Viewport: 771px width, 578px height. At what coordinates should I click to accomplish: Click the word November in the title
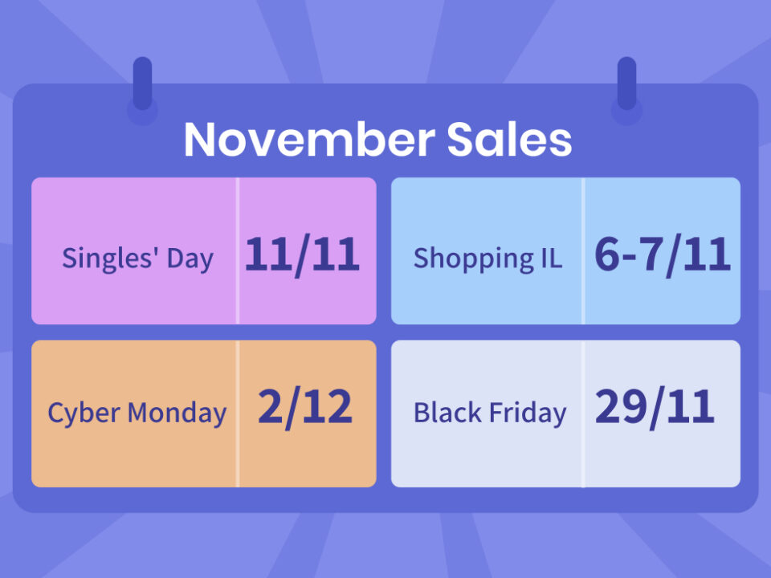310,139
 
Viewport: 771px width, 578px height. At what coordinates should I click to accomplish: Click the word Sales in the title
509,139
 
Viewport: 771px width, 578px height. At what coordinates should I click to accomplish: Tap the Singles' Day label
137,259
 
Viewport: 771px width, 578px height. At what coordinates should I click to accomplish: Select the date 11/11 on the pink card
303,254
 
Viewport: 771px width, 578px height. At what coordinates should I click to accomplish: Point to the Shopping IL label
487,259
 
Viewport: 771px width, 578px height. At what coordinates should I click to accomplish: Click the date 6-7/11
663,254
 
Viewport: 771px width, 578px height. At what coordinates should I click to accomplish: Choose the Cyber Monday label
137,413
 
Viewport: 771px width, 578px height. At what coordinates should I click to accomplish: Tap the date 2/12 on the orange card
305,407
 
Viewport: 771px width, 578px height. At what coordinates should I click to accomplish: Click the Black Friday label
490,413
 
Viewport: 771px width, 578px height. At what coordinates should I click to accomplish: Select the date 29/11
655,407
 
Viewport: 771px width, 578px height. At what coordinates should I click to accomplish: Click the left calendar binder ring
143,83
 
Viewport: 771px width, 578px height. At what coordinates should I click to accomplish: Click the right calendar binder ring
627,83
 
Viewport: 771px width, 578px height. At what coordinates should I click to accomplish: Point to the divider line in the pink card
238,250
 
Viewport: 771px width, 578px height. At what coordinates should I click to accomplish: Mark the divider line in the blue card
583,250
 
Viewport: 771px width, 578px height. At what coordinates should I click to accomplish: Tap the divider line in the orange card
238,414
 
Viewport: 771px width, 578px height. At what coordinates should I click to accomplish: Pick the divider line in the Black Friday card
583,414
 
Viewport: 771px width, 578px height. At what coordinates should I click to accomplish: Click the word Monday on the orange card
177,413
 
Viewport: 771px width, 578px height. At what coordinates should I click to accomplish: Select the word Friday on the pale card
528,413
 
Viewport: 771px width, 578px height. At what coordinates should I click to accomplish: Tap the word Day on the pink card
190,259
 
